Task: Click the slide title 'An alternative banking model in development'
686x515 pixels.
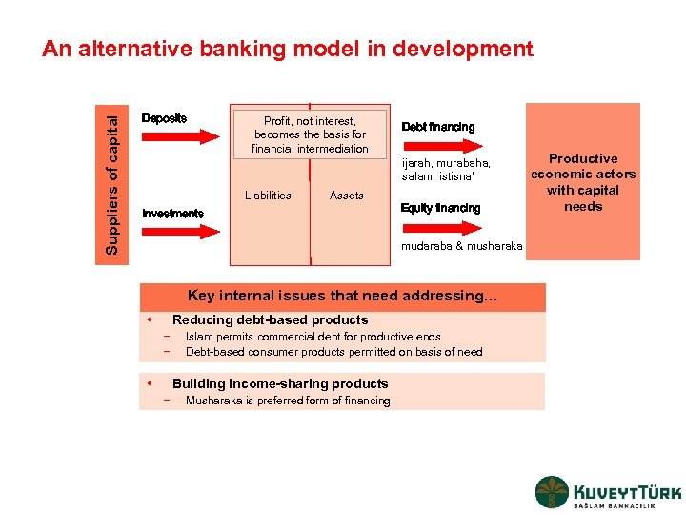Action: coord(287,49)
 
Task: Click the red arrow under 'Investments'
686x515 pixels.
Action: coord(182,231)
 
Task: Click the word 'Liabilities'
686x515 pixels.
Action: coord(268,196)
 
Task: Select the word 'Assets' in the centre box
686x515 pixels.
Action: coord(346,196)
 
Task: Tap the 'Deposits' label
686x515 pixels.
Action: coord(164,118)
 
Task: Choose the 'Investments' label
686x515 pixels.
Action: coord(172,214)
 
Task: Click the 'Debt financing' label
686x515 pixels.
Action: coord(437,127)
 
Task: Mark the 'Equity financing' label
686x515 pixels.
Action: coord(440,208)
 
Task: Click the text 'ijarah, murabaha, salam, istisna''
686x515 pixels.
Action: coord(446,170)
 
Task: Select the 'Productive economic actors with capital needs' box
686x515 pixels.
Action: coord(583,182)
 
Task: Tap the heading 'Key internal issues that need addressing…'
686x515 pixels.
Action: coord(342,296)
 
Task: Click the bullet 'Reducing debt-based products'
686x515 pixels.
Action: coord(270,320)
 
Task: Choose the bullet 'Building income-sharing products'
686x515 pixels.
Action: coord(280,383)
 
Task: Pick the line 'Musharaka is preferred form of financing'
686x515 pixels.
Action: coord(288,401)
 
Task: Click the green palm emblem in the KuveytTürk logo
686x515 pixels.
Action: coord(552,492)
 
